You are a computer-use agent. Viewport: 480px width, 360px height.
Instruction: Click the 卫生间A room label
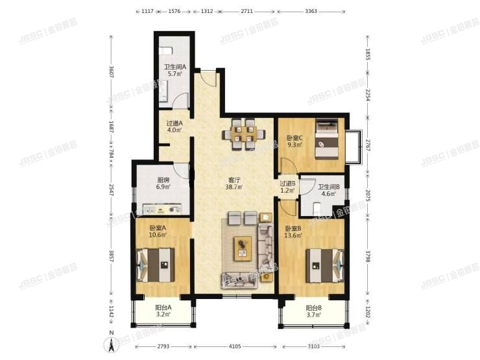pyautogui.click(x=175, y=70)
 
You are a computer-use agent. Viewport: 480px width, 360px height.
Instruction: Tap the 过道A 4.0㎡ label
pyautogui.click(x=174, y=126)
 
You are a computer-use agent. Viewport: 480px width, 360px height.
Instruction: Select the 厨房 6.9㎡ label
pyautogui.click(x=163, y=184)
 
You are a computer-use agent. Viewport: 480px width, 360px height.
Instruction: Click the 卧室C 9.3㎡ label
pyautogui.click(x=294, y=141)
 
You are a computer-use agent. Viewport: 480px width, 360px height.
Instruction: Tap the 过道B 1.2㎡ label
pyautogui.click(x=287, y=187)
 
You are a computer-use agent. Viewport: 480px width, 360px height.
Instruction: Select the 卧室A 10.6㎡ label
pyautogui.click(x=158, y=231)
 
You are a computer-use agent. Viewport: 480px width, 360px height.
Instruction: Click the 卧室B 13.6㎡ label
pyautogui.click(x=293, y=232)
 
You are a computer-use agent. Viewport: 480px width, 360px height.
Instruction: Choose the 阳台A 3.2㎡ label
pyautogui.click(x=163, y=311)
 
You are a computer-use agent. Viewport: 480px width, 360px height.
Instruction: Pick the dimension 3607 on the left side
pyautogui.click(x=112, y=73)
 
